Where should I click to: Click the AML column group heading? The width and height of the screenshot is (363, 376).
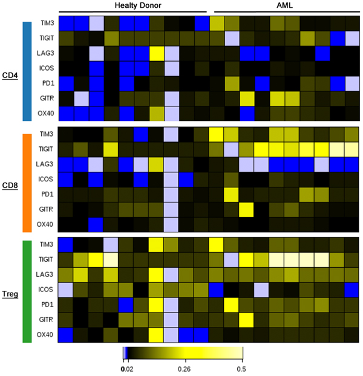tap(284, 5)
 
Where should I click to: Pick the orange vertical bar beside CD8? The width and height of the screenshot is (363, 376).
tap(27, 183)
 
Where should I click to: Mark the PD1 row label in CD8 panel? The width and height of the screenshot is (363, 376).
tap(47, 193)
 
